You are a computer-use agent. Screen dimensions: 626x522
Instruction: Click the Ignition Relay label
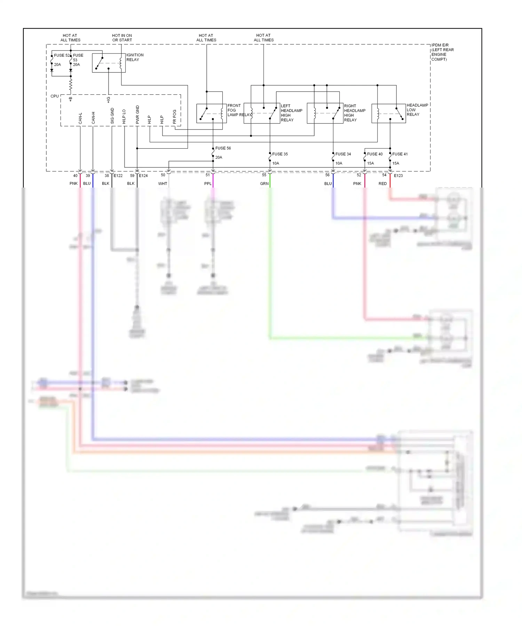135,57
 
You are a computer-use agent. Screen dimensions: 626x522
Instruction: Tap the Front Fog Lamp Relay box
212,113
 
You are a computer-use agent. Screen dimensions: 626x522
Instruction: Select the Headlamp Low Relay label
417,110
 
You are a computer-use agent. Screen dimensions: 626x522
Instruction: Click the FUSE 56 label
223,148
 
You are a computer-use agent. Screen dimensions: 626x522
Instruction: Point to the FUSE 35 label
280,154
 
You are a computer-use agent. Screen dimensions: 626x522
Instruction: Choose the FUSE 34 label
343,154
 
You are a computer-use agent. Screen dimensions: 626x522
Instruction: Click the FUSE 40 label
374,154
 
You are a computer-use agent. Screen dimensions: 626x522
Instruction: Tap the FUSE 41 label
400,154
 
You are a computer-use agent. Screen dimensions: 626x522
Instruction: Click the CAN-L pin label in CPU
80,118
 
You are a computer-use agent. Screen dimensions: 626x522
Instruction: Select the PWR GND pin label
137,115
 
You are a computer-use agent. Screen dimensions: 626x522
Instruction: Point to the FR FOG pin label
175,117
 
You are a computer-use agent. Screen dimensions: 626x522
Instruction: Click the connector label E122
118,176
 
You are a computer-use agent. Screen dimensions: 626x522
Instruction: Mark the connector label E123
398,176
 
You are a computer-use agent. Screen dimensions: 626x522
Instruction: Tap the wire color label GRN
264,184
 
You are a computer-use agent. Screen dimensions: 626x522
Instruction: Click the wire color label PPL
208,184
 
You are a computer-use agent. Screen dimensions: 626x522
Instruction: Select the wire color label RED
382,184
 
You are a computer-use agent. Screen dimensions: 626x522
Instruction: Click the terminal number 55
264,175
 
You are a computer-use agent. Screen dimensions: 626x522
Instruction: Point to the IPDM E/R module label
442,52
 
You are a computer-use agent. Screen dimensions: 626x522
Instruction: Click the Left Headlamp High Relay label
291,113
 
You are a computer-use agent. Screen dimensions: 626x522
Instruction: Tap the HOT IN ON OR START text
122,38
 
